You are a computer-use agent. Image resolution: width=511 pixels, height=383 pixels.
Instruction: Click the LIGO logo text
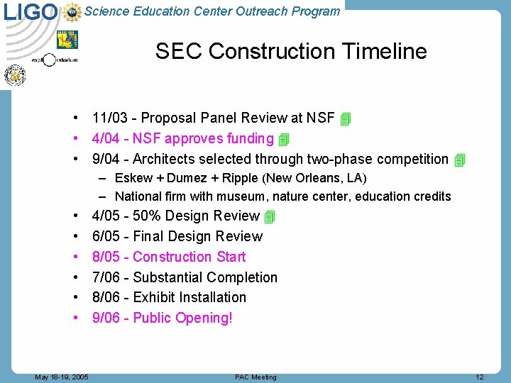[x=30, y=12]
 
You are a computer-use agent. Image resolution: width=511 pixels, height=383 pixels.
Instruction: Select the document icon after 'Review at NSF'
[x=346, y=119]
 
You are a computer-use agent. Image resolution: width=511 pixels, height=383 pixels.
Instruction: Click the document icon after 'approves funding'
[x=284, y=140]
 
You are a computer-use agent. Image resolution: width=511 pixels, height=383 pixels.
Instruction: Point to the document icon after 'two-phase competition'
[x=459, y=160]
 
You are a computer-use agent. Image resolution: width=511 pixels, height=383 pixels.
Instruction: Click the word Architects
[x=165, y=159]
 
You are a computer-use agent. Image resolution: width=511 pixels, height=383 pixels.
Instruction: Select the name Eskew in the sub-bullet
[x=133, y=178]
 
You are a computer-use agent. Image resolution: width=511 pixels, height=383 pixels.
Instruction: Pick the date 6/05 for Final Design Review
[x=106, y=236]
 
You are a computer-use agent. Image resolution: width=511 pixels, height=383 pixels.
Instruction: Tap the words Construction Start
[x=189, y=257]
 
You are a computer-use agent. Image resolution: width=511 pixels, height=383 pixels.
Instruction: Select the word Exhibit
[x=154, y=297]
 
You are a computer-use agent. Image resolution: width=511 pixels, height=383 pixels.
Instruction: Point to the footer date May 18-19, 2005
[x=62, y=377]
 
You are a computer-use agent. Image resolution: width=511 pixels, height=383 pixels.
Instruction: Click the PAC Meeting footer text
[x=255, y=377]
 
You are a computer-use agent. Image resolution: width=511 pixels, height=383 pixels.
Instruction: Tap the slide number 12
[x=479, y=377]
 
